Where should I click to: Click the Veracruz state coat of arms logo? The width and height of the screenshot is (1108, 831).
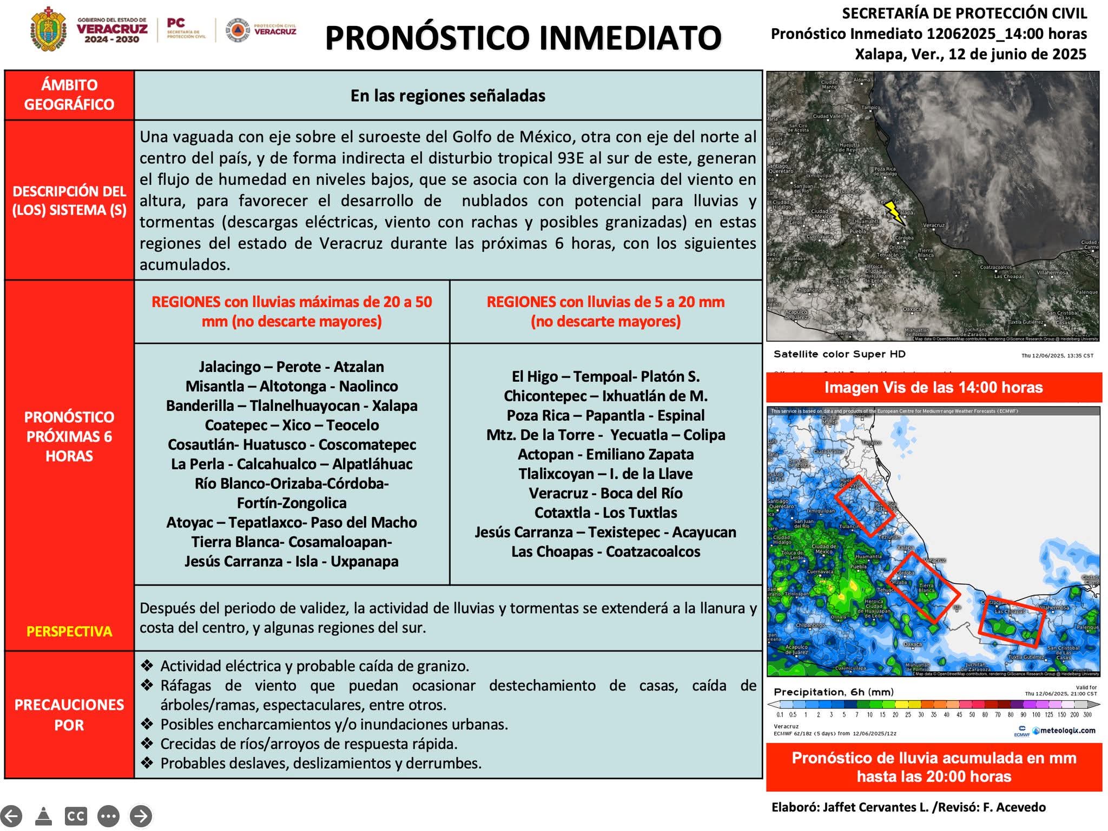[49, 30]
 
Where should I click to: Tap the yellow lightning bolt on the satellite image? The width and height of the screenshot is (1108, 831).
[894, 212]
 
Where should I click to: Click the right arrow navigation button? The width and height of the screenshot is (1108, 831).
[141, 816]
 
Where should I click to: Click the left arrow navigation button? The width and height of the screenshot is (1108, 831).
[11, 816]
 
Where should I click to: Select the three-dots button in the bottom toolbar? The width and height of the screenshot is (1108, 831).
[108, 816]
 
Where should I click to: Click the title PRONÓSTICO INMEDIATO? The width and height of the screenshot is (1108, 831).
[523, 38]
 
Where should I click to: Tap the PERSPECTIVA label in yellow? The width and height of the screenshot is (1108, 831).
[69, 631]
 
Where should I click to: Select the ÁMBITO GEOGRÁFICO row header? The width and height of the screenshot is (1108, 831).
[69, 95]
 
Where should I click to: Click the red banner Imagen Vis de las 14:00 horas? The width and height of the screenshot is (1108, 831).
[933, 387]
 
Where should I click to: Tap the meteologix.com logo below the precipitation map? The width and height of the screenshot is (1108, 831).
[1063, 730]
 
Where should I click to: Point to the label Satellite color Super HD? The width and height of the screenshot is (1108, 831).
[839, 354]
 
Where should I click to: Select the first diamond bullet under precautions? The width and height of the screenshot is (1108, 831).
[147, 665]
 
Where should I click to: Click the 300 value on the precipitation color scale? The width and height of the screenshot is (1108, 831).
[1087, 714]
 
